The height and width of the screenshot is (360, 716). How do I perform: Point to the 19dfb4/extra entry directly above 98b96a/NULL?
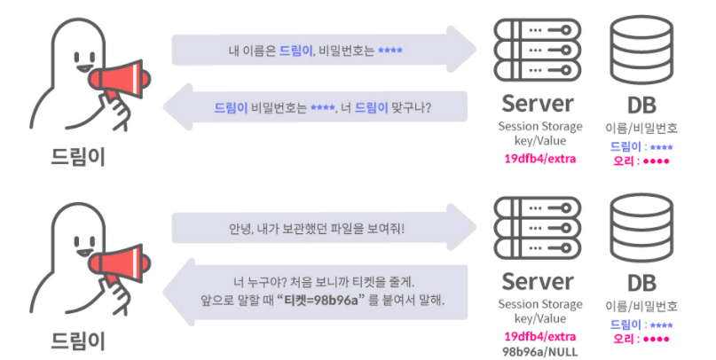(x=539, y=336)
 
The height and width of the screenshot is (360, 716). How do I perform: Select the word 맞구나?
(x=418, y=108)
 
